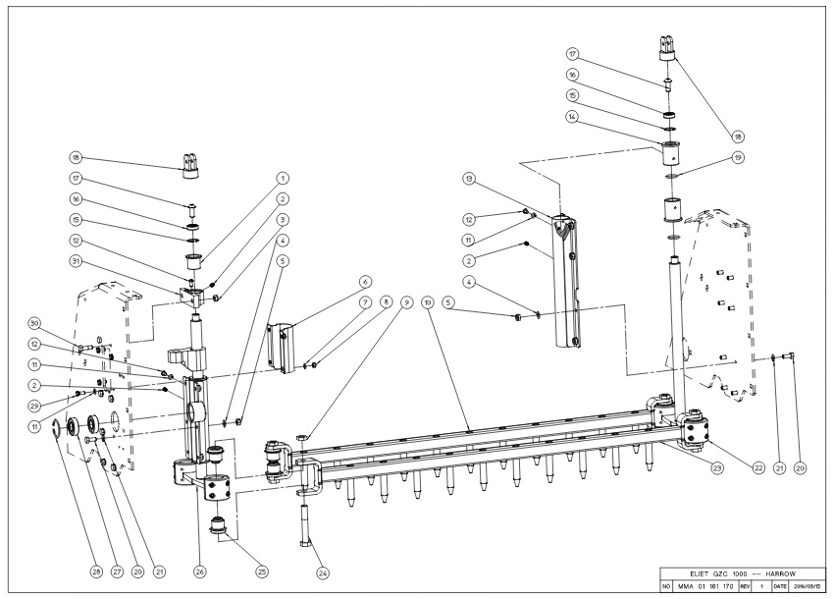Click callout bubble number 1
(283, 178)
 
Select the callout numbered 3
(283, 219)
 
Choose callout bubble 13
(469, 179)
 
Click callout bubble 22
(757, 467)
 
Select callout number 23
(717, 467)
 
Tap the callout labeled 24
(320, 572)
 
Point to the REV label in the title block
(750, 586)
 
